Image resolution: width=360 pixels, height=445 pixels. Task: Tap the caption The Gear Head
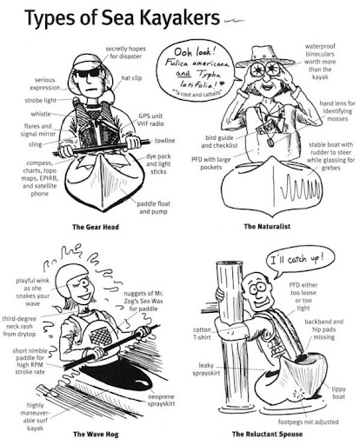tap(96, 227)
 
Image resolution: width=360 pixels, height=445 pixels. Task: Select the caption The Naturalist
tap(267, 226)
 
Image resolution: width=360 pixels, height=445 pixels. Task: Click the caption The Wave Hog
tap(96, 434)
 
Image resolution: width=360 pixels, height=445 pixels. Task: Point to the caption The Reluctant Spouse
tap(267, 434)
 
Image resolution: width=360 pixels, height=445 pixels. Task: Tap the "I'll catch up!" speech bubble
tap(298, 261)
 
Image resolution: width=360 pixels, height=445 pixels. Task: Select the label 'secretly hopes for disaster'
tap(125, 52)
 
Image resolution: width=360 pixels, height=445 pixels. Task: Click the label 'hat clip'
tap(131, 78)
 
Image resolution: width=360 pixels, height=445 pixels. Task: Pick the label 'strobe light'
tap(41, 101)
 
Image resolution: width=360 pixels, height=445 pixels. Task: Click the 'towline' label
tap(164, 141)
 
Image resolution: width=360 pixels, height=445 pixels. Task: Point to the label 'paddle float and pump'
tap(153, 208)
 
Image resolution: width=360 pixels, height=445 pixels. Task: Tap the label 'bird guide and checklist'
tap(219, 142)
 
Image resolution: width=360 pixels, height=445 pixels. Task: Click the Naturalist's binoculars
tap(265, 69)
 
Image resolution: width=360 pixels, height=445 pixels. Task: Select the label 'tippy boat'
tap(338, 393)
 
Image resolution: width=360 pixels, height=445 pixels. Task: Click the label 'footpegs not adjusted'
tap(308, 422)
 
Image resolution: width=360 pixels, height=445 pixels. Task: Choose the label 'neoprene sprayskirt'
tap(161, 400)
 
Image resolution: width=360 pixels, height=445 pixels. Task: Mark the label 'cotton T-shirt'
tap(202, 334)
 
